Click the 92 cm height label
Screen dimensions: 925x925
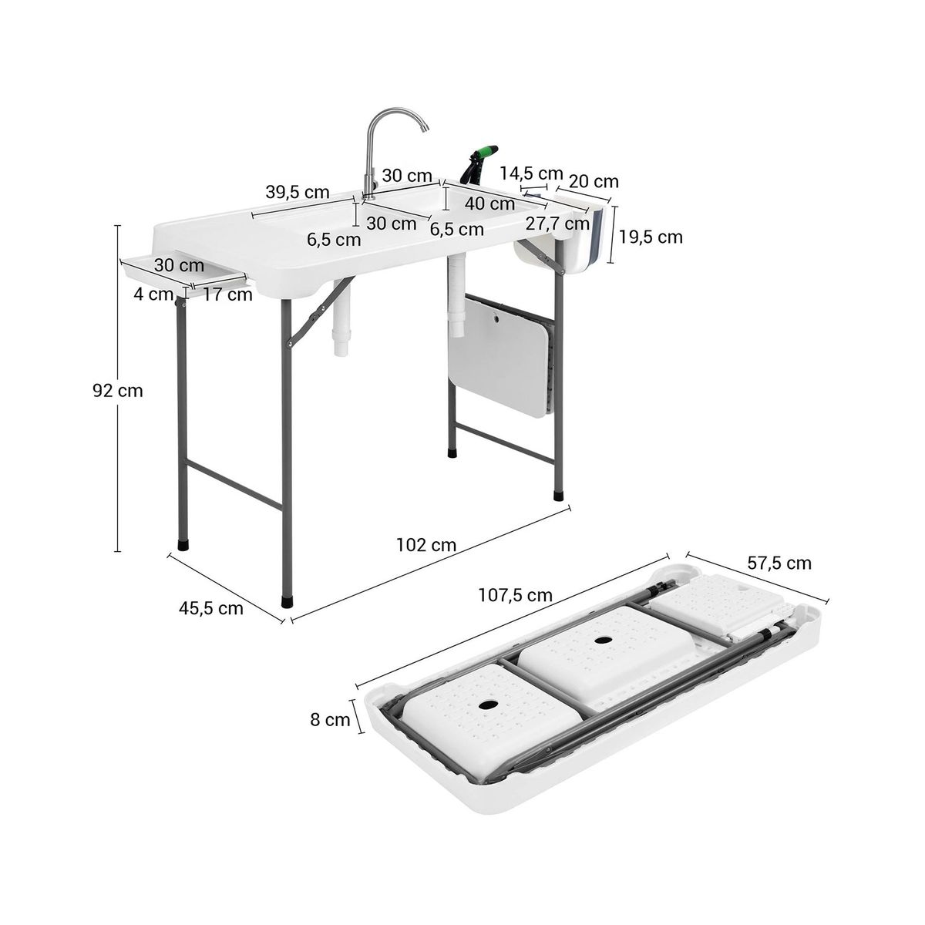(118, 392)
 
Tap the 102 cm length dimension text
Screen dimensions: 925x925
(425, 545)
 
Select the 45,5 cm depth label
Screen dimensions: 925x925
(210, 609)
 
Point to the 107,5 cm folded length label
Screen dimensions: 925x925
(515, 596)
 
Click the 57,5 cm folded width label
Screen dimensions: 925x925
(779, 563)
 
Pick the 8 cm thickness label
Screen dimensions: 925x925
(330, 720)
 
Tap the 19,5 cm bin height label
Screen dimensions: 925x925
(651, 237)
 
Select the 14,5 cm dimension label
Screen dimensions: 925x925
(531, 173)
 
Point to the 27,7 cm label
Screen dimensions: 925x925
(557, 224)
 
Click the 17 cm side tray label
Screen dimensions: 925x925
(227, 294)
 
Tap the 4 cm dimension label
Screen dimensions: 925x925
(153, 294)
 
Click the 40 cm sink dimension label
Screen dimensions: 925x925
(489, 203)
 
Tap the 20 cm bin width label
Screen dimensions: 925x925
(594, 181)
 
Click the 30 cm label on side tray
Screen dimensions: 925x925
(179, 265)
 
